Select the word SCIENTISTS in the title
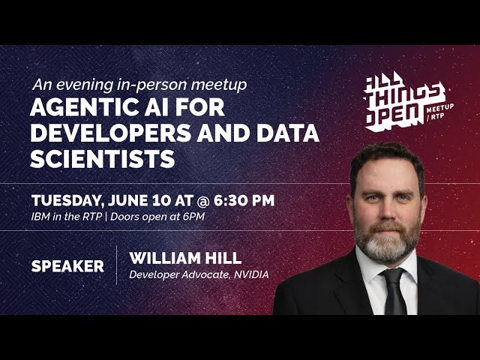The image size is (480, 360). tap(103, 159)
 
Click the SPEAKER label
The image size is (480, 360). tap(67, 266)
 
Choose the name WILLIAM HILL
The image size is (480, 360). tap(185, 258)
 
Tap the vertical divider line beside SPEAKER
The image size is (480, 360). tap(117, 265)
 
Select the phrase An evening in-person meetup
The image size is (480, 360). tap(139, 85)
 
